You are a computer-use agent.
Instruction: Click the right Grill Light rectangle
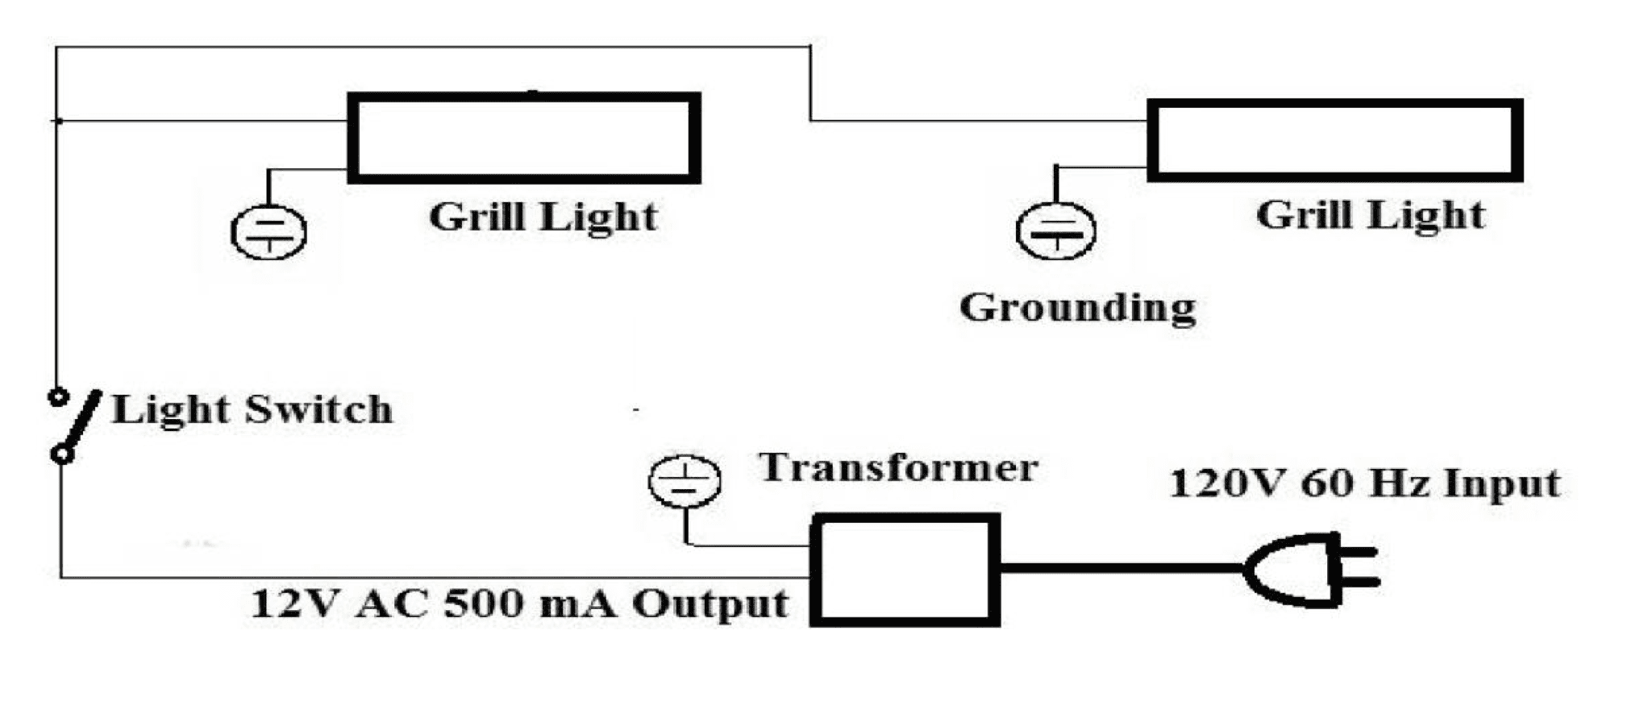(x=1335, y=140)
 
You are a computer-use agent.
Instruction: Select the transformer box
(x=905, y=570)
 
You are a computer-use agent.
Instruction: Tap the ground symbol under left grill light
(x=268, y=232)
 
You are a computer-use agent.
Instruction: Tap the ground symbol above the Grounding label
(x=1055, y=230)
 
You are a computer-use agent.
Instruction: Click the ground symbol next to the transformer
(x=685, y=480)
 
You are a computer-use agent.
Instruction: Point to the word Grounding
(x=1077, y=308)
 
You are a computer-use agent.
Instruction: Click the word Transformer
(x=898, y=468)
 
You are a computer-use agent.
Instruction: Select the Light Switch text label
(x=252, y=409)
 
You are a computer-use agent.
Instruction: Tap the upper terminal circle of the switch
(x=57, y=396)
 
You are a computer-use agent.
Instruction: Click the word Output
(x=710, y=604)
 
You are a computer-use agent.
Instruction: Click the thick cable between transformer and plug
(x=1121, y=568)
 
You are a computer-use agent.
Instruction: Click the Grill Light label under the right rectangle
(x=1370, y=215)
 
